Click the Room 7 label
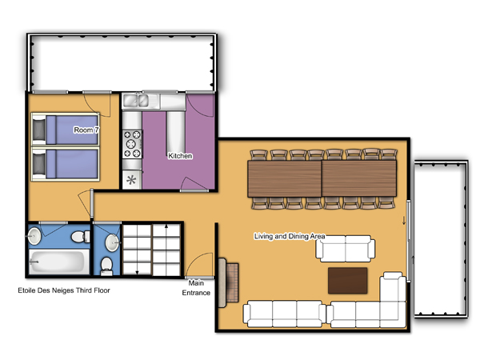(86, 130)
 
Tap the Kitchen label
(180, 156)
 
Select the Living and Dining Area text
(290, 236)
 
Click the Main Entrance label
(196, 288)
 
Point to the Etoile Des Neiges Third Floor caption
(64, 290)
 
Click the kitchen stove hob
(132, 144)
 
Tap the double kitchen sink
(136, 101)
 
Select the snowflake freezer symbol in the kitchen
(131, 180)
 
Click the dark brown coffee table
(348, 281)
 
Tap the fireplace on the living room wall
(228, 282)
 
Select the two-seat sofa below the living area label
(346, 249)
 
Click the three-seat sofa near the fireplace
(284, 314)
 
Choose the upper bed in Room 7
(66, 130)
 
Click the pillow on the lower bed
(39, 164)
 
